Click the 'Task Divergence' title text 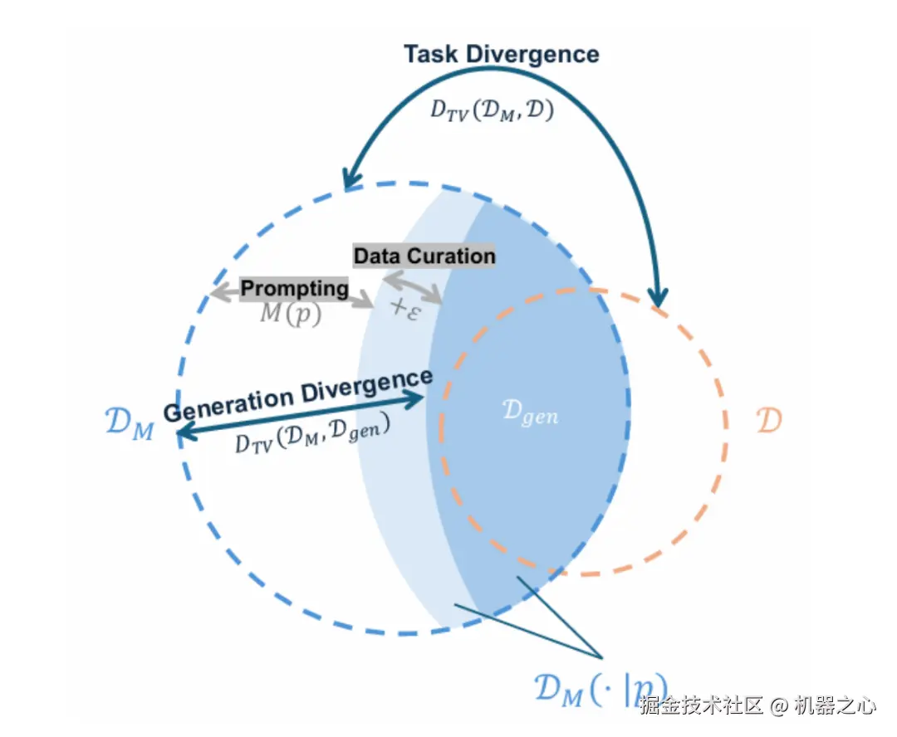tap(501, 55)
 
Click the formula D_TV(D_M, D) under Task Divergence tap(492, 110)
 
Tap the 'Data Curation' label tap(424, 256)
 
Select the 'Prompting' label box tap(294, 288)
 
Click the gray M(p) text tap(291, 314)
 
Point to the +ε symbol tap(406, 308)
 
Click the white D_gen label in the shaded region tap(531, 412)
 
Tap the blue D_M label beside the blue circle tap(130, 425)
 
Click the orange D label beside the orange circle tap(769, 421)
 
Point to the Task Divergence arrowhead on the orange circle tap(659, 296)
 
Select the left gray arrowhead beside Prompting tap(218, 292)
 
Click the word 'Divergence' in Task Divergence tap(532, 55)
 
